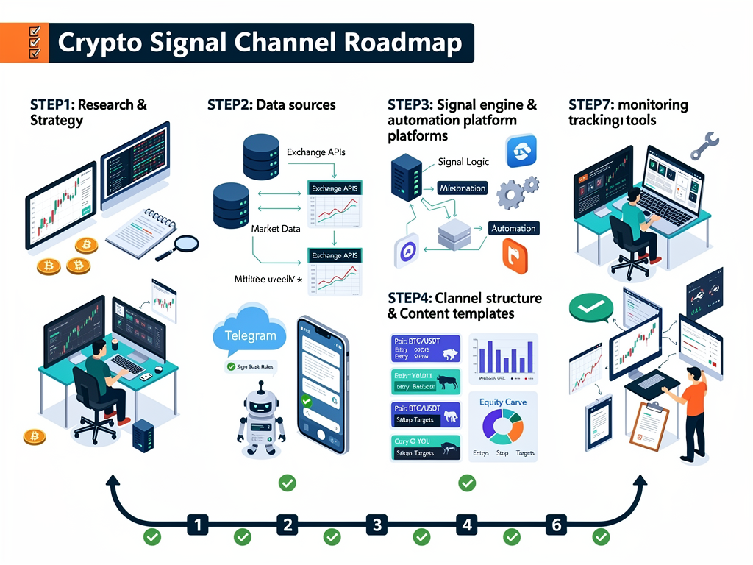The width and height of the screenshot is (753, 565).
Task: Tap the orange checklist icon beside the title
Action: coord(34,43)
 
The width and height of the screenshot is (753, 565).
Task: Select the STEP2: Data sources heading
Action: coord(271,104)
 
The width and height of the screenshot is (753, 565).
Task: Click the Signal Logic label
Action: coord(462,162)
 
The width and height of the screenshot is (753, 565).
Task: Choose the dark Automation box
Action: coord(513,228)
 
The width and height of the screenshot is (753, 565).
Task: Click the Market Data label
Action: coord(276,229)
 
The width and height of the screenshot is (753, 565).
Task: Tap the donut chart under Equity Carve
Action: coord(503,427)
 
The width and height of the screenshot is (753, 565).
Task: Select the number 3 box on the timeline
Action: coord(377,525)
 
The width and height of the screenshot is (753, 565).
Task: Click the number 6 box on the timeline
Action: coord(557,525)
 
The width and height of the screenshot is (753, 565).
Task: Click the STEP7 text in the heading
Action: coord(591,104)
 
